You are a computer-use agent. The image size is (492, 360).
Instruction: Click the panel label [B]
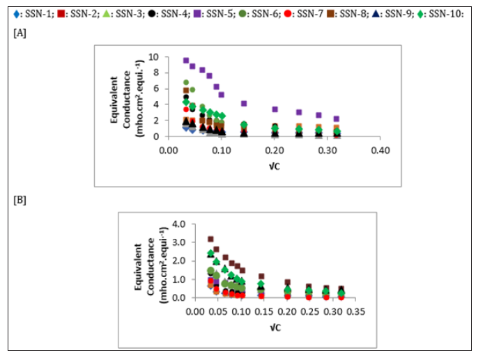20,201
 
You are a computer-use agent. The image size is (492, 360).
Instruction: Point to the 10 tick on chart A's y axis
155,57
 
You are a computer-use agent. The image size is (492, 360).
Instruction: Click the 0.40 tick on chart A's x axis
379,149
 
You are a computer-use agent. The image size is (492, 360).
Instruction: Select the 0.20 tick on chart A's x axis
274,149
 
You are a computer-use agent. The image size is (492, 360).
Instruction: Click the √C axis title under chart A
274,165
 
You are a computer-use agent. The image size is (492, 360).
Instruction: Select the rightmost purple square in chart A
337,118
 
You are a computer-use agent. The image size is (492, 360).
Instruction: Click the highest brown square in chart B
210,239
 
